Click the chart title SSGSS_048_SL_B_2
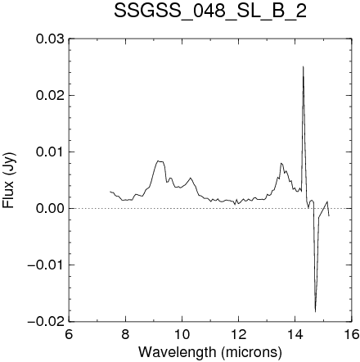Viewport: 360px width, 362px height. (210, 11)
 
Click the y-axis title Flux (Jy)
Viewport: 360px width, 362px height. (9, 180)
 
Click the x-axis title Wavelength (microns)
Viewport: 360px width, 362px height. (210, 352)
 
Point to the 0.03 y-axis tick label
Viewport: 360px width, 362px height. (50, 39)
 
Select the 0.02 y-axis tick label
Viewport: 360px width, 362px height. (50, 96)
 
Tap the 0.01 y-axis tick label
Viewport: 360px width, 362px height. (50, 152)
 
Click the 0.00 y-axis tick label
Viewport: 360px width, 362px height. (50, 209)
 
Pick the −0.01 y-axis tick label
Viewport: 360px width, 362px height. (46, 265)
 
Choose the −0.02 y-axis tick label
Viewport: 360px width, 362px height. (46, 322)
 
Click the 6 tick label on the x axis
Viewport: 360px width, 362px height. (69, 334)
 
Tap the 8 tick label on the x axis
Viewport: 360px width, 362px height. (125, 334)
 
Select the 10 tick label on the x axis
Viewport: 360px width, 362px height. (182, 334)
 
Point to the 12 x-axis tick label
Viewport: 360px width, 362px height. (238, 334)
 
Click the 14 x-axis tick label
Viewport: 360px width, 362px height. (295, 334)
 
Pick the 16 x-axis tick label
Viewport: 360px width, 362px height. (351, 334)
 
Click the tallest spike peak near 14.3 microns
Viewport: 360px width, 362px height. (303, 66)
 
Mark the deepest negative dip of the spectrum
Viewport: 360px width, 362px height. (315, 311)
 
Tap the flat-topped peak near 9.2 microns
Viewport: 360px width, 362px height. (160, 161)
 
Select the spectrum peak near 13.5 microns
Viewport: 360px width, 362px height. (281, 163)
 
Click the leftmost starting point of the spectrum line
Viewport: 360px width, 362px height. (110, 192)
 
